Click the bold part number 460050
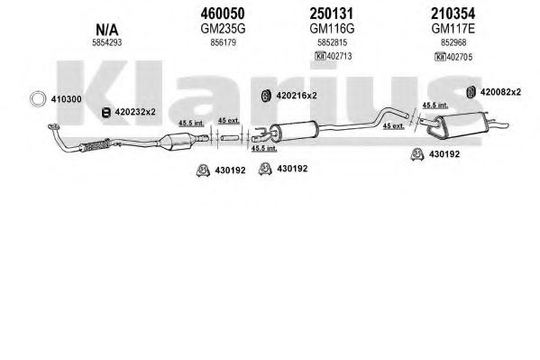[x=223, y=14]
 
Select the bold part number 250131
[x=331, y=14]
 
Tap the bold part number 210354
[x=453, y=14]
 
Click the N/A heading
[x=106, y=30]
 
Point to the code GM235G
[x=223, y=29]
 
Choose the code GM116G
[x=332, y=29]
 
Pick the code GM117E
[x=453, y=29]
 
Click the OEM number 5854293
[x=106, y=42]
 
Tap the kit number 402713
[x=339, y=56]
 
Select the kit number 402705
[x=460, y=57]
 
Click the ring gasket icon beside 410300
[x=38, y=92]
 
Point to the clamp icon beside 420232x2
[x=106, y=113]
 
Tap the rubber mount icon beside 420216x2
[x=266, y=96]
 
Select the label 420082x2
[x=500, y=92]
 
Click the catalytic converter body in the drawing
[x=177, y=141]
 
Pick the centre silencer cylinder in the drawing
[x=297, y=131]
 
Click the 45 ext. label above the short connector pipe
[x=228, y=120]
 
